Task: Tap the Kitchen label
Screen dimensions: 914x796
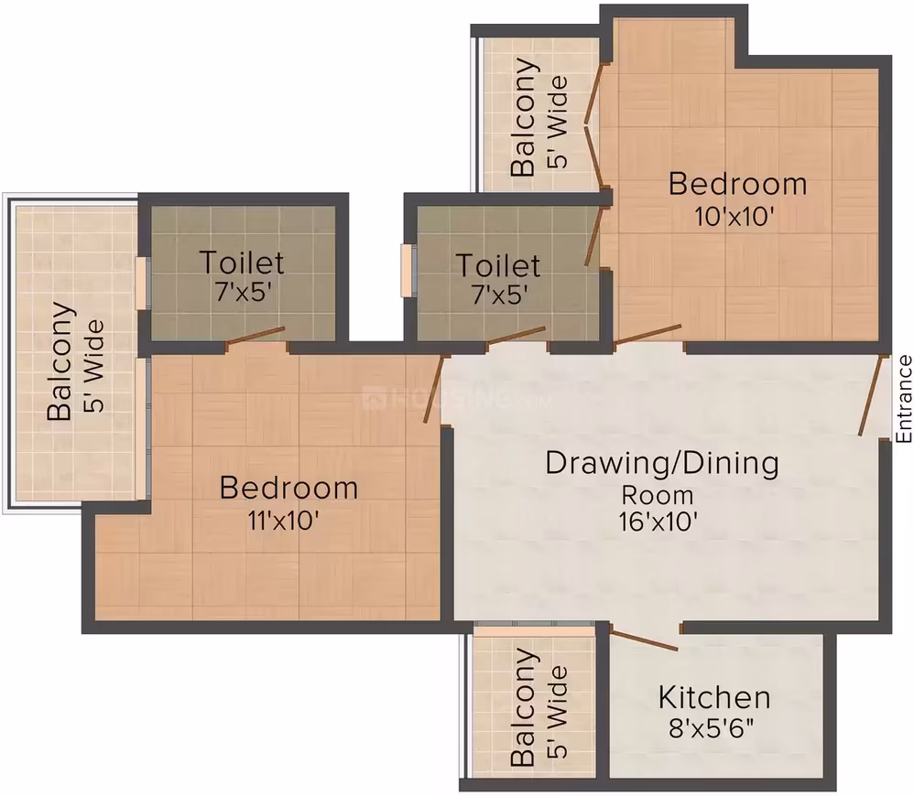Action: click(714, 697)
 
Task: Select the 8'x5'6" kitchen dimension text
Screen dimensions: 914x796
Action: click(712, 728)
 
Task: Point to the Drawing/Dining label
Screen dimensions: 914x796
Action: click(662, 464)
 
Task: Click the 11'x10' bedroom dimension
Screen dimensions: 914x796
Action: click(283, 520)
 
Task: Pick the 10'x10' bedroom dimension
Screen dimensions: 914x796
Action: click(734, 217)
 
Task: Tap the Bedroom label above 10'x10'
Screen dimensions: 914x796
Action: click(737, 184)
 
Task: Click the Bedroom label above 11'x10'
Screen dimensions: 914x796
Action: click(288, 488)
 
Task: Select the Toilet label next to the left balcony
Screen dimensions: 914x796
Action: click(242, 263)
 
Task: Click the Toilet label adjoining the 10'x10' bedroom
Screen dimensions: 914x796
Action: click(498, 265)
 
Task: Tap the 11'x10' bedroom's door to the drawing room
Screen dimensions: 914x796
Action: click(434, 388)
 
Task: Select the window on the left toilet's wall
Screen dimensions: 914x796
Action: click(140, 283)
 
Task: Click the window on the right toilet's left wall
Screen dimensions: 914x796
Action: click(406, 271)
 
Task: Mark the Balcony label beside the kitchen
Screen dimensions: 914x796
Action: click(522, 707)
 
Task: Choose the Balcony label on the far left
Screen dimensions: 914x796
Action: click(60, 361)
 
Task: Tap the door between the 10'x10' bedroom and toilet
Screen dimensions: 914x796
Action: click(594, 236)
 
